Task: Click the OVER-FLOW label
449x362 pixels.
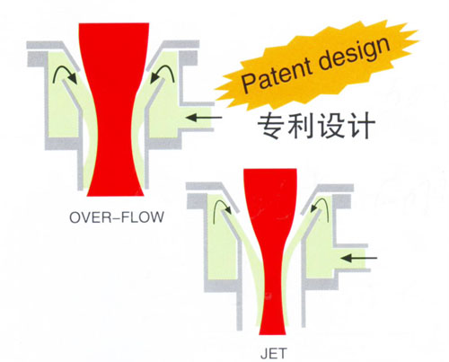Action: (x=117, y=217)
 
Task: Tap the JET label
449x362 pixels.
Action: (x=274, y=354)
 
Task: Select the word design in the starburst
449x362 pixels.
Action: (x=354, y=53)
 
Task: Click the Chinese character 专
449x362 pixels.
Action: (x=271, y=126)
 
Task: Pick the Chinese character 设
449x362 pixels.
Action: (x=330, y=126)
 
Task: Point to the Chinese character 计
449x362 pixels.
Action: (x=360, y=126)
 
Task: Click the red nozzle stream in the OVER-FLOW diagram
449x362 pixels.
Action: (x=114, y=110)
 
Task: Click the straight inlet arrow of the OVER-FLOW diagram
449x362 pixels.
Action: (x=204, y=118)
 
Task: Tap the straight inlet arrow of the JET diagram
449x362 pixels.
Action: (x=359, y=258)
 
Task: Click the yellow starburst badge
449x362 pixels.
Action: (x=317, y=65)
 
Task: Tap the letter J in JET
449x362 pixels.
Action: (x=264, y=354)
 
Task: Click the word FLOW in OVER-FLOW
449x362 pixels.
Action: (x=145, y=217)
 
